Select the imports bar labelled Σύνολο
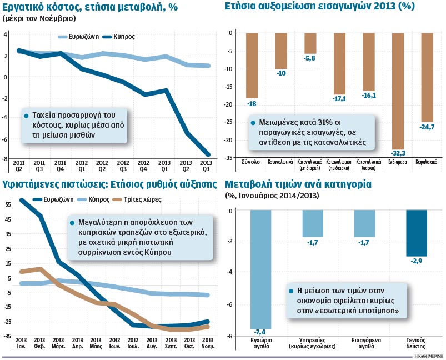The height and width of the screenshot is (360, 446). pos(252,66)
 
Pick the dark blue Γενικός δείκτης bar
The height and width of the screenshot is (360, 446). pos(417,232)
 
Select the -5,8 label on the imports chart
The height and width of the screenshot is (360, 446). pos(309,58)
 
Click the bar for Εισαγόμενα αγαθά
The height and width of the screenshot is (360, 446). pos(364,223)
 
